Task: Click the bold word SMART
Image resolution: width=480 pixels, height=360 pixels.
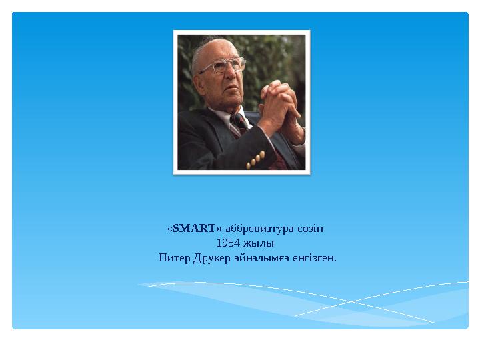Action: (x=194, y=229)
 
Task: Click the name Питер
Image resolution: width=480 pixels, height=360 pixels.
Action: (x=174, y=257)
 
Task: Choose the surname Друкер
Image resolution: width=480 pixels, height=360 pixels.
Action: (x=213, y=257)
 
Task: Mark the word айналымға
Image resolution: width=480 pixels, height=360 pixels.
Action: (x=261, y=257)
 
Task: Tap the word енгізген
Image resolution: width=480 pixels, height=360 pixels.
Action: (x=313, y=257)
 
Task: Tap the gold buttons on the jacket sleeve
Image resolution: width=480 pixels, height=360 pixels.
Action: (x=255, y=159)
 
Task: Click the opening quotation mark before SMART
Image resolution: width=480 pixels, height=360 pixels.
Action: (x=169, y=229)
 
